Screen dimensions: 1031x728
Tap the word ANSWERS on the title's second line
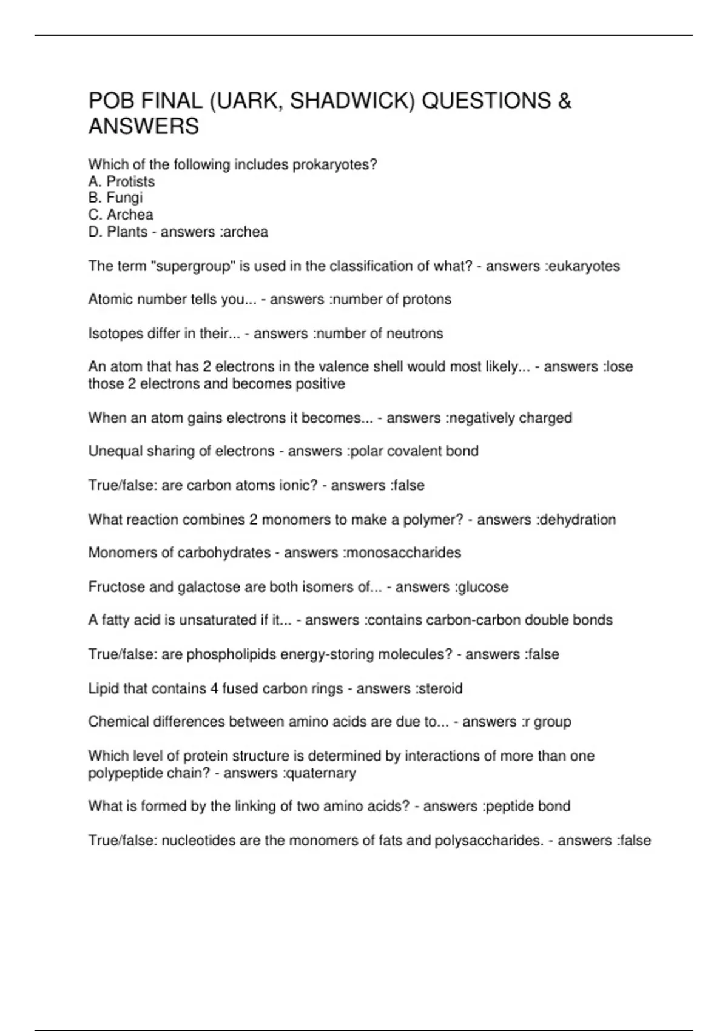pos(144,127)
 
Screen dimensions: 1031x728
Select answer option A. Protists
pos(121,181)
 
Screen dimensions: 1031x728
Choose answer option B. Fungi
pos(115,198)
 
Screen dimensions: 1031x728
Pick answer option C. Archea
pos(121,215)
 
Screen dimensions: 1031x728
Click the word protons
pos(427,300)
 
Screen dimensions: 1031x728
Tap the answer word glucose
pos(482,587)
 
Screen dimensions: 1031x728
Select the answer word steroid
pos(440,689)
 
